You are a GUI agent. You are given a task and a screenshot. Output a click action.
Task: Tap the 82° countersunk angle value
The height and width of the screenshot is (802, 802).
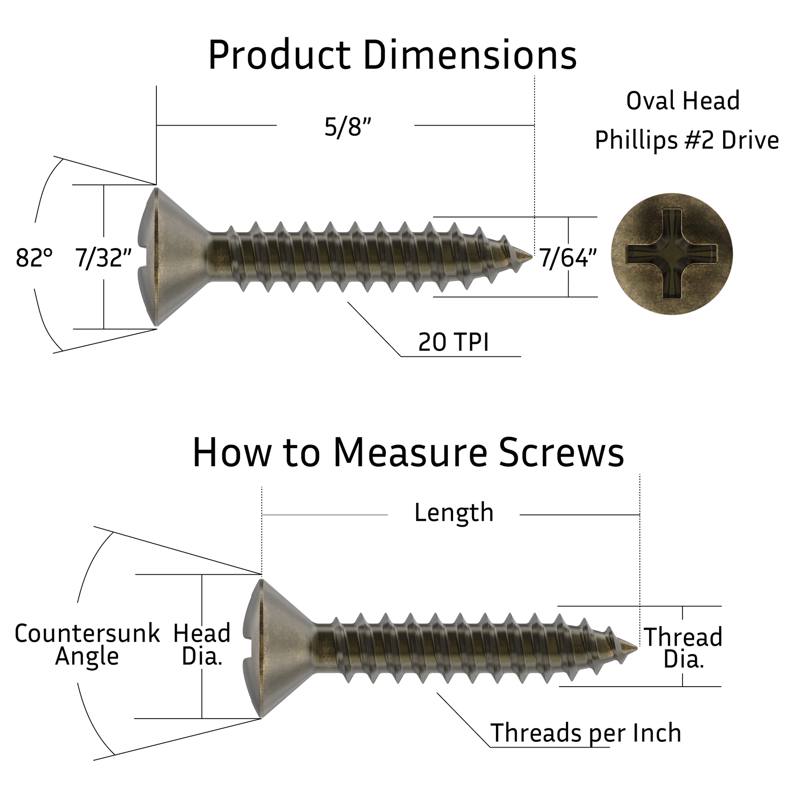pos(34,258)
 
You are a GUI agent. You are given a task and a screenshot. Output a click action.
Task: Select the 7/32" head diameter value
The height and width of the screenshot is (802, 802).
pos(103,258)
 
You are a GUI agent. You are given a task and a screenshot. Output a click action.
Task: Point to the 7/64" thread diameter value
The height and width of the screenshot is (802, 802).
pos(568,258)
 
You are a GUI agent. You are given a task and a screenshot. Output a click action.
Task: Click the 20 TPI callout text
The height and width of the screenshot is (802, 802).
pos(453,343)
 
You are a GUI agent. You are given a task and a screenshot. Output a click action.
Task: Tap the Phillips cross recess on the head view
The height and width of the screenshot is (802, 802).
pos(671,254)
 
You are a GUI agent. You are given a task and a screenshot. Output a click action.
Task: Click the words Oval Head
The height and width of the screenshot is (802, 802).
pos(683,101)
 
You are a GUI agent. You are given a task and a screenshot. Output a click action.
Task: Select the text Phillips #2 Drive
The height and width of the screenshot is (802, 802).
pos(687,140)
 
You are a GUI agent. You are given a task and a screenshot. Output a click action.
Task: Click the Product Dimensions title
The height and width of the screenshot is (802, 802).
pos(392,55)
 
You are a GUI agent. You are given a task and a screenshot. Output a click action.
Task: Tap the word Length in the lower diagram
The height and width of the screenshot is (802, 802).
pos(454,513)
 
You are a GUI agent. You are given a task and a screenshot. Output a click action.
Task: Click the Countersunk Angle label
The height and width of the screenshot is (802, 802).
pos(87,645)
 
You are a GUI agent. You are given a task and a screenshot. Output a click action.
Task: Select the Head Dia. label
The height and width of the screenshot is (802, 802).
pos(202,645)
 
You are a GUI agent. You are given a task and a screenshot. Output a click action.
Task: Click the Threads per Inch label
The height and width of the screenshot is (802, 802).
pos(585,733)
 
